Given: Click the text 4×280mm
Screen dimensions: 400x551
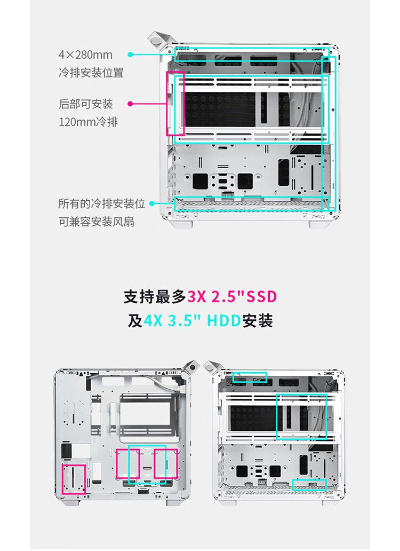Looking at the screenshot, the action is tap(86, 55).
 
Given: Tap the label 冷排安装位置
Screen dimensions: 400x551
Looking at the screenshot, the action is tap(91, 73).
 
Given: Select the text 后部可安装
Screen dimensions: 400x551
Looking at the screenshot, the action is tap(86, 104).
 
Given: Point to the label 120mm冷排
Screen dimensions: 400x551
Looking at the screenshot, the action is tap(88, 122).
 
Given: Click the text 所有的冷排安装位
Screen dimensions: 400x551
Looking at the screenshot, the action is tap(102, 203).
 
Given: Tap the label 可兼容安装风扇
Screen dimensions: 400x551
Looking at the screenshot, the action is tap(97, 222).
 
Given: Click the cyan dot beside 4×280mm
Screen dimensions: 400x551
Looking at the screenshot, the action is tap(130, 54).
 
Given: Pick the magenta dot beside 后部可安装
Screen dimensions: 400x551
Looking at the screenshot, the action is tap(130, 104).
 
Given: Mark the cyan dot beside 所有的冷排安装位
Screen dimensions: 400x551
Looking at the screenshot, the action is tap(152, 203).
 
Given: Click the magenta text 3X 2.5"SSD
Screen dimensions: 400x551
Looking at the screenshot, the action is tap(232, 297).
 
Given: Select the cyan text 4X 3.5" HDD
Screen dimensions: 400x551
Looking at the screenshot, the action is tap(193, 321).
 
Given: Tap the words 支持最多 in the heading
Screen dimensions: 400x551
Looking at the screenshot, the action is tap(155, 297).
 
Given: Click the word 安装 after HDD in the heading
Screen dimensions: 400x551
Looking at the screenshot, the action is tap(258, 321).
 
